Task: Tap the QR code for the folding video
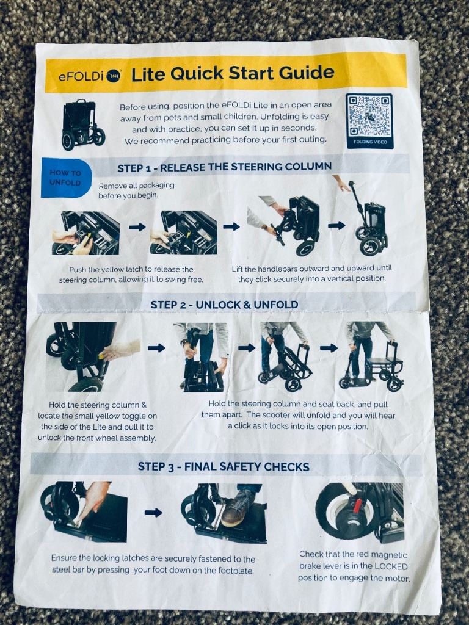369,116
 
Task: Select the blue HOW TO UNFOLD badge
66,178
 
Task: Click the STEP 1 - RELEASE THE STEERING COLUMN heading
225,167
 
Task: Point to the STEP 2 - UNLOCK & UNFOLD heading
224,305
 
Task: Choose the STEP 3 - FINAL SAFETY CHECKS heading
224,466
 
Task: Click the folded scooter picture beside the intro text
82,125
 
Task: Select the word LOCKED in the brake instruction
390,566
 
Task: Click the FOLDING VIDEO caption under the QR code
369,142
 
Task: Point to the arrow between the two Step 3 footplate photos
153,512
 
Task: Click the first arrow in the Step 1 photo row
137,227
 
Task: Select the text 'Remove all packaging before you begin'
136,190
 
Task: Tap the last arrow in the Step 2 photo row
329,348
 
